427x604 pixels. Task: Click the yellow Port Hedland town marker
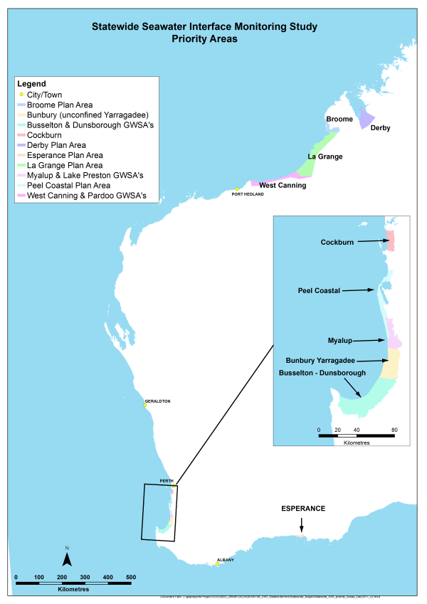[237, 189]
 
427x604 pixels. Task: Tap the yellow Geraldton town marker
[144, 406]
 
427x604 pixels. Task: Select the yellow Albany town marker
[218, 564]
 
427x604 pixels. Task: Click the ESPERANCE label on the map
[303, 509]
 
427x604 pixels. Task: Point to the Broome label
[339, 119]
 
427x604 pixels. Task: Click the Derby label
[381, 129]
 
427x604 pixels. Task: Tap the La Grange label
[325, 157]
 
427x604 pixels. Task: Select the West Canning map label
[282, 186]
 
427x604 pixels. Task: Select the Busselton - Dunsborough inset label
[322, 373]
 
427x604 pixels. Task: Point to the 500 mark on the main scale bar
[131, 576]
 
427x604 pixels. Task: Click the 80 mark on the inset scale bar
[394, 430]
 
